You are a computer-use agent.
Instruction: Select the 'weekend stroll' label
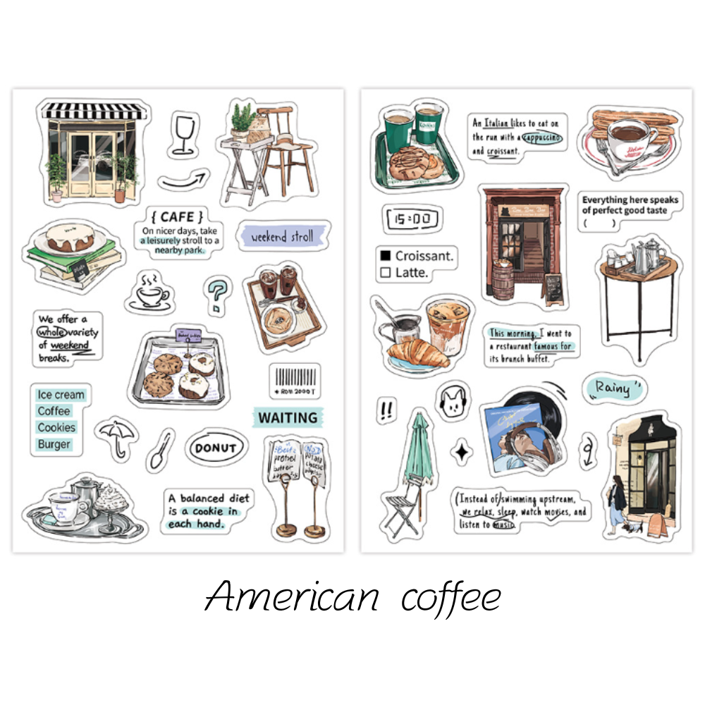pos(282,237)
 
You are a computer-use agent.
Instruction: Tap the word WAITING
pos(288,417)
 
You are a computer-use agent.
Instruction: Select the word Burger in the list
pos(54,444)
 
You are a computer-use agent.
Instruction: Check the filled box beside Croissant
pos(385,256)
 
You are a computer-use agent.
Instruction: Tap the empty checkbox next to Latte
pos(385,272)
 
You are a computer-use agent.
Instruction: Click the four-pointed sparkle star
pos(461,452)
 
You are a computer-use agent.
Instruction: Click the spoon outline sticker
pos(160,450)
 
